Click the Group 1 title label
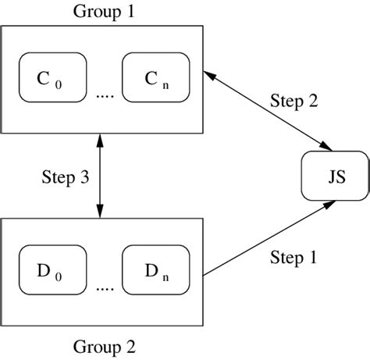[x=101, y=11]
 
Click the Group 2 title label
[x=101, y=345]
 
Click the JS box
[x=334, y=178]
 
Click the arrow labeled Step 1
[x=269, y=234]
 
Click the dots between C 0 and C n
[x=104, y=95]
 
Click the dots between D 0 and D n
[x=104, y=287]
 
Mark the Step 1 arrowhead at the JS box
[x=332, y=204]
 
